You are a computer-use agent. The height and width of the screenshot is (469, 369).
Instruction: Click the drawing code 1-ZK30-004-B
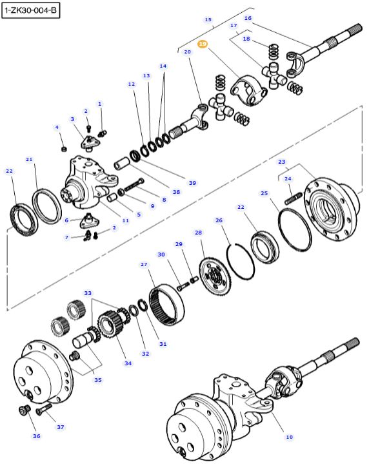(30, 11)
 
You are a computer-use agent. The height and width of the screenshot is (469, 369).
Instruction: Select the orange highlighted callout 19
(203, 44)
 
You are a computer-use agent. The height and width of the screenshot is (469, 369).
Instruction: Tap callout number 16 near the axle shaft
(248, 18)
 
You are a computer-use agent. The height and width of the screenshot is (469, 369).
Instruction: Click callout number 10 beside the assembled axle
(289, 436)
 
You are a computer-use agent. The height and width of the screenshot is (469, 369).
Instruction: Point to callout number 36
(36, 436)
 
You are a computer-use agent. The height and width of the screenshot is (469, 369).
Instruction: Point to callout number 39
(192, 183)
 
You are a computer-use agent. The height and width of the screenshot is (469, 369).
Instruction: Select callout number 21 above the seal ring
(29, 159)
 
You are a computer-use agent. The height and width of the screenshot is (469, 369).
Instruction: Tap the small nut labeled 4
(64, 150)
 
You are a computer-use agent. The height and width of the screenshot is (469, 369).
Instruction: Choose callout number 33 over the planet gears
(88, 292)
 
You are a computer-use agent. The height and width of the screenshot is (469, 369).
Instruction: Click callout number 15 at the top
(208, 20)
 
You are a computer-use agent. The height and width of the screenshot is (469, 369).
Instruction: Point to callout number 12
(132, 84)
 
